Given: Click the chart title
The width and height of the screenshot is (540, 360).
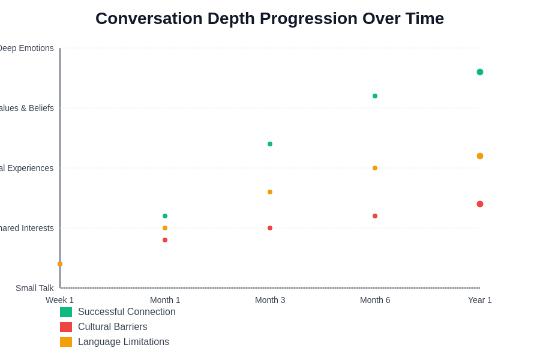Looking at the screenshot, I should tap(269, 19).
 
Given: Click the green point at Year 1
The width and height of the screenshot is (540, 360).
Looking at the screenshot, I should tap(480, 72).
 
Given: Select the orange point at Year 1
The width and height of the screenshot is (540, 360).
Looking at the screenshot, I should tap(480, 156).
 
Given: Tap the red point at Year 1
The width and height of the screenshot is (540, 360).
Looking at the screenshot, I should tap(480, 204).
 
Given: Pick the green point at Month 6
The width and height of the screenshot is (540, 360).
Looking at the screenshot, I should tap(375, 96).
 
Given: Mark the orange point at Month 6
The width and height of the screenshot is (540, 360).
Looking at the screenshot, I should tap(375, 168).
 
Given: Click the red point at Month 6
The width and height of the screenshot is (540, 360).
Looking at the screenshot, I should tap(375, 216).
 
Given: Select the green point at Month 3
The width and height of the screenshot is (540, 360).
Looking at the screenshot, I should tap(270, 144).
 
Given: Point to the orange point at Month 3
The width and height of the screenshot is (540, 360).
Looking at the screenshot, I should tap(270, 192).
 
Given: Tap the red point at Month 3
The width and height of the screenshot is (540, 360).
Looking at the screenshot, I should tap(270, 228).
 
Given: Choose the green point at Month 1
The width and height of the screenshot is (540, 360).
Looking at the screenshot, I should tap(165, 216).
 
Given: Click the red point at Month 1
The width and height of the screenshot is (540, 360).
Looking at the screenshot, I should tap(165, 240).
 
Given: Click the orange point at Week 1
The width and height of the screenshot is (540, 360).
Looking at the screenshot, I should tap(60, 264).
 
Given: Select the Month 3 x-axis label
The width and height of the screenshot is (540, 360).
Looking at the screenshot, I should tap(270, 300).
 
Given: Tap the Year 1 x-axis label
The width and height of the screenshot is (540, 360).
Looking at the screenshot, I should tap(480, 300).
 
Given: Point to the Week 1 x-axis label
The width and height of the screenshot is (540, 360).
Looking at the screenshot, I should tap(60, 300).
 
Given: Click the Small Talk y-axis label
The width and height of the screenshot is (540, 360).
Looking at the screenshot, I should tap(34, 288).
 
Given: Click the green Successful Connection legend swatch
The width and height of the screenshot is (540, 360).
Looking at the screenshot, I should tap(66, 312).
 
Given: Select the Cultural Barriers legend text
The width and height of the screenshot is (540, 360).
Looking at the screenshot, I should tap(112, 327).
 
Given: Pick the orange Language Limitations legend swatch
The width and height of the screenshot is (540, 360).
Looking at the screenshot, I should tap(66, 342).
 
